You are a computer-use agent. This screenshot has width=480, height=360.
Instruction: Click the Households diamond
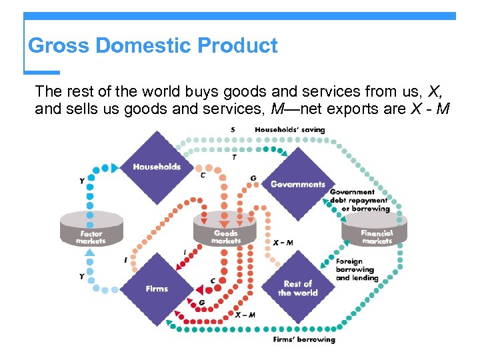coord(157,167)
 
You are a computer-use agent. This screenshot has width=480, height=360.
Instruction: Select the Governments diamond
coord(297,184)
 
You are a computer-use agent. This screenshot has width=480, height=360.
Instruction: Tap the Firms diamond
coord(157,289)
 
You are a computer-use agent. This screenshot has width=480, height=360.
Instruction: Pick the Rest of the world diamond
coord(297,288)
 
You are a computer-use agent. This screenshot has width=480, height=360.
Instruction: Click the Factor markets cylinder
coord(91,230)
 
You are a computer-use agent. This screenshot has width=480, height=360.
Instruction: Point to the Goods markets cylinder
coord(225,230)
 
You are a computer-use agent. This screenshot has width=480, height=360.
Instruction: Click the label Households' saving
coord(294,129)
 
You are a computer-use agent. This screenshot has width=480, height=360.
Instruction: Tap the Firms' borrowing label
coord(304,339)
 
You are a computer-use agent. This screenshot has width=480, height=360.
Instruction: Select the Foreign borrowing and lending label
coord(357,269)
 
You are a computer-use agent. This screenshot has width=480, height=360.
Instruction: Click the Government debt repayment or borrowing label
coord(359,200)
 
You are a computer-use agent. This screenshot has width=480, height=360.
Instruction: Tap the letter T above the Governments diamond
coord(233,157)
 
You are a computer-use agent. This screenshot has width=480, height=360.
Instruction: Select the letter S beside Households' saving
coord(233,129)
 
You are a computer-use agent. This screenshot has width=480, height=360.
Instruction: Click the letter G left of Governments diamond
coord(253,178)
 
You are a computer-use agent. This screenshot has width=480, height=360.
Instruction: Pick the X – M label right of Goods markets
coord(283,243)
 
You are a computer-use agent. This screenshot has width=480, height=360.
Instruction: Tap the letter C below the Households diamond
coord(203,175)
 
